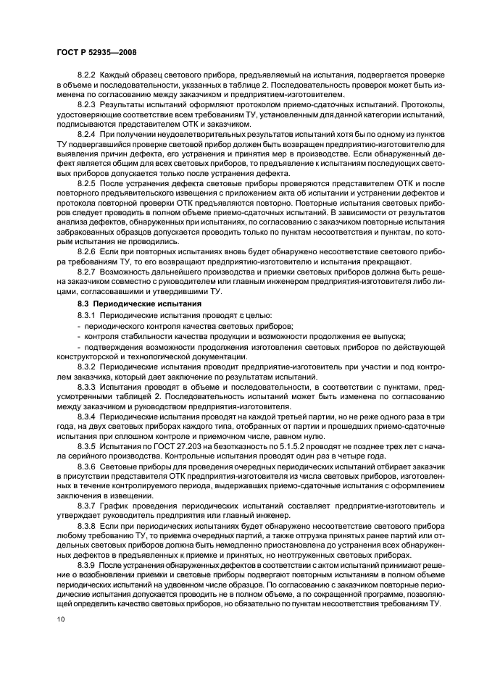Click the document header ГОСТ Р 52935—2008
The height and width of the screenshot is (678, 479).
click(x=96, y=52)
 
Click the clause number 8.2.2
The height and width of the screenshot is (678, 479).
click(x=86, y=76)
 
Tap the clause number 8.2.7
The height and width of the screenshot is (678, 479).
click(x=86, y=272)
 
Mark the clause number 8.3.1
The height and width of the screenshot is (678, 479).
click(x=86, y=315)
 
